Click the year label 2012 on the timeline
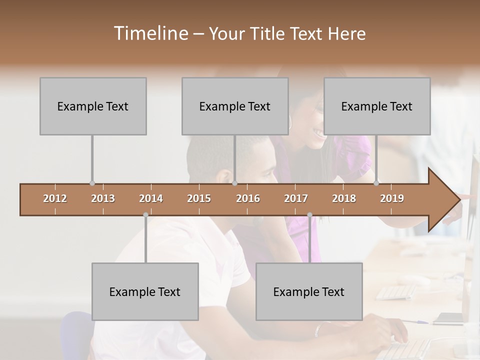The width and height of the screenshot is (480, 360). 55,198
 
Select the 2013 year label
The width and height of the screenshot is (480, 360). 103,198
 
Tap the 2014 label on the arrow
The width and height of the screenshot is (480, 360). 151,198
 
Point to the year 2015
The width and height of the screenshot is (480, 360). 199,198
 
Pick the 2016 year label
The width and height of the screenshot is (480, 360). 248,198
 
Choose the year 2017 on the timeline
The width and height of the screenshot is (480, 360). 296,198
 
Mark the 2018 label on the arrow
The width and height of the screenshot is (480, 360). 344,198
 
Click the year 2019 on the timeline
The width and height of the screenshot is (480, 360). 392,198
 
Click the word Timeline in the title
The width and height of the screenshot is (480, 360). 150,33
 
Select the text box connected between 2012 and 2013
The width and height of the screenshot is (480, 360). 93,106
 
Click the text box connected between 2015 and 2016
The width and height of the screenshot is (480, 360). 235,106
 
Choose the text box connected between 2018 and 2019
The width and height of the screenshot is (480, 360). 377,106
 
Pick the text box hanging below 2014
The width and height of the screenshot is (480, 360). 145,291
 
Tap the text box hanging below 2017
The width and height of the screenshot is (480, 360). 309,291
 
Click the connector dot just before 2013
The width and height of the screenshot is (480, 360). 92,183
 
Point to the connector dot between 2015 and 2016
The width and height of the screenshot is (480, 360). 235,183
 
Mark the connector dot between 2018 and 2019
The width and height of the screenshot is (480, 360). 376,183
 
